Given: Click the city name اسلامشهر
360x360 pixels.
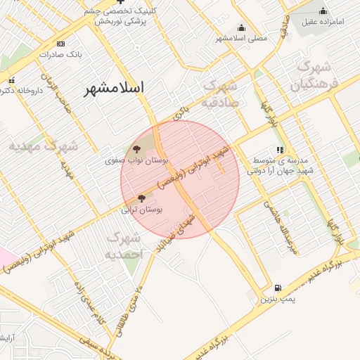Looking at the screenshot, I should (x=113, y=89).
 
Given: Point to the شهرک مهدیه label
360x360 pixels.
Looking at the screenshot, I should (x=44, y=147).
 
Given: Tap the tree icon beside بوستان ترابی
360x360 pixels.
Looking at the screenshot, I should (x=141, y=199).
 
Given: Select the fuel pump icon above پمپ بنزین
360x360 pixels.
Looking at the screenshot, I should (x=278, y=288).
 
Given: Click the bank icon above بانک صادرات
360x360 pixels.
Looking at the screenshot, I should (x=60, y=43).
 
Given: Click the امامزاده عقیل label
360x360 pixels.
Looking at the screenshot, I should (x=323, y=22).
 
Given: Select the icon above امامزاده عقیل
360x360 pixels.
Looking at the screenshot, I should (x=323, y=11).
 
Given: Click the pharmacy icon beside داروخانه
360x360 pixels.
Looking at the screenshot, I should (x=11, y=79).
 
